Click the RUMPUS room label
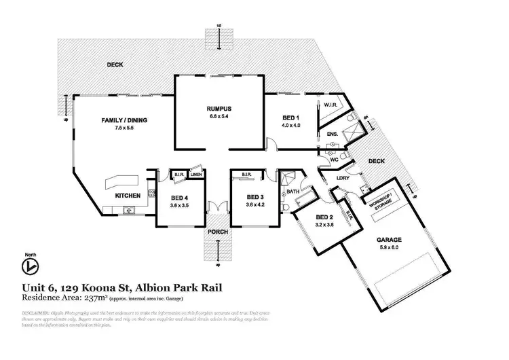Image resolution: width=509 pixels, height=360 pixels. [x=219, y=109]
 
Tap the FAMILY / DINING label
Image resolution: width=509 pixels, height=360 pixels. [x=124, y=121]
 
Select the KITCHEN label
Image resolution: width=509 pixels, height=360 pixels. [x=127, y=196]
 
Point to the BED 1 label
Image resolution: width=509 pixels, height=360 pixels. [x=291, y=118]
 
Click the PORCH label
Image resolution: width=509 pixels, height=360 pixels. [x=219, y=232]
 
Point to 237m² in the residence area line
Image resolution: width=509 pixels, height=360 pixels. [x=92, y=297]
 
